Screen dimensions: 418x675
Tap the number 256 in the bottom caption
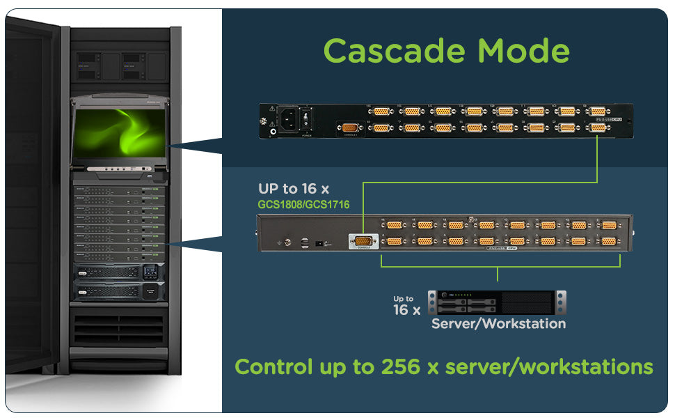pos(403,366)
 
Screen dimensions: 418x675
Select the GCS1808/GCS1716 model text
pos(303,205)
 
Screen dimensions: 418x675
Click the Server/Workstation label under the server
pos(498,323)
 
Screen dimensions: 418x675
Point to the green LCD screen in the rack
pos(120,132)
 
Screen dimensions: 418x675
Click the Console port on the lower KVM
pos(362,241)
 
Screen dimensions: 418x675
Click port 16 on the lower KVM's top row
pos(394,225)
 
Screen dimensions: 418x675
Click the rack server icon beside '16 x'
pos(497,302)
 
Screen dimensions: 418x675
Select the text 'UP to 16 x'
pos(294,189)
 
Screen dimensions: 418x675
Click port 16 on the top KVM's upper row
pos(381,111)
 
